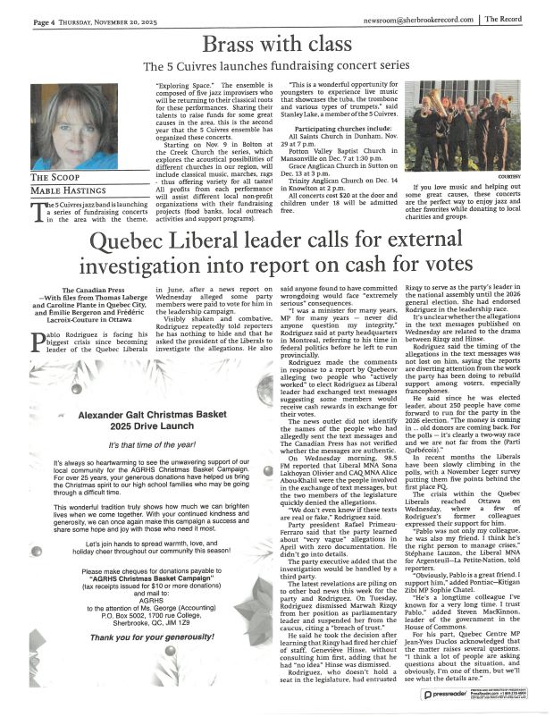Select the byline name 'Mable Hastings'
pos(64,190)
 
